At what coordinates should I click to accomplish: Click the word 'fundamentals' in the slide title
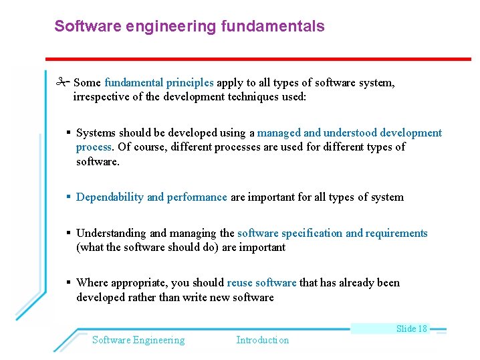pyautogui.click(x=280, y=26)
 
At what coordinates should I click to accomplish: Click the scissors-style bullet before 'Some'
pyautogui.click(x=63, y=83)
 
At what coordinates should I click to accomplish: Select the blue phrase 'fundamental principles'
pyautogui.click(x=159, y=83)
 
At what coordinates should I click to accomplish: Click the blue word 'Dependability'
pyautogui.click(x=110, y=197)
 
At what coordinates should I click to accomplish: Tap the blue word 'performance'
pyautogui.click(x=197, y=197)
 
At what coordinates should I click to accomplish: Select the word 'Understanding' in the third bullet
pyautogui.click(x=112, y=233)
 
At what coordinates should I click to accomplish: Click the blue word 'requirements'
pyautogui.click(x=396, y=233)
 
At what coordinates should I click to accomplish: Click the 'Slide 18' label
pyautogui.click(x=411, y=329)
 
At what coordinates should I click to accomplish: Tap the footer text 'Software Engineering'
pyautogui.click(x=138, y=340)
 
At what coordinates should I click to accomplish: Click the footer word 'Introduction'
pyautogui.click(x=263, y=340)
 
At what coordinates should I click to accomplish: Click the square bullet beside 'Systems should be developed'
pyautogui.click(x=69, y=132)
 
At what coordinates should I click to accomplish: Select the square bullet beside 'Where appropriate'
pyautogui.click(x=69, y=282)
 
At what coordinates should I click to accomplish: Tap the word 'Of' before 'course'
pyautogui.click(x=124, y=147)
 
